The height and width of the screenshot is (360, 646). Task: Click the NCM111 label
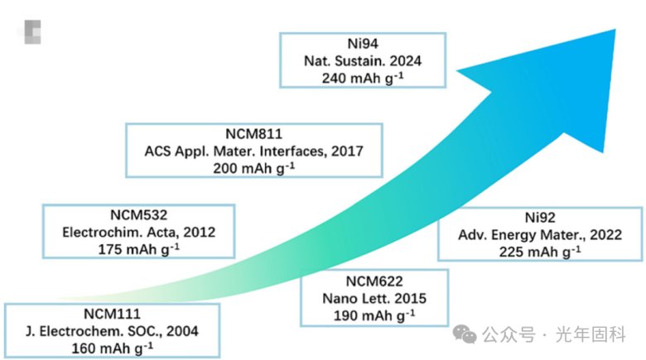(111, 314)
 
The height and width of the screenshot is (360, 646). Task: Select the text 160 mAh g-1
(111, 346)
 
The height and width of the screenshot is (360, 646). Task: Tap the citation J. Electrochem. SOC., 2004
(111, 330)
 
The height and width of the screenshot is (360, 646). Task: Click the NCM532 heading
(138, 217)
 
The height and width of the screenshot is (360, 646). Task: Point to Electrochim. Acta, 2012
(138, 233)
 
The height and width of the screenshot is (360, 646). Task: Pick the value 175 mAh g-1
(138, 248)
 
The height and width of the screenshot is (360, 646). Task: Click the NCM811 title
(254, 134)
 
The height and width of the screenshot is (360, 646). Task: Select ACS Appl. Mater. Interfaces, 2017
(254, 150)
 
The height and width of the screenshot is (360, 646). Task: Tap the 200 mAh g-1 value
(254, 166)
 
